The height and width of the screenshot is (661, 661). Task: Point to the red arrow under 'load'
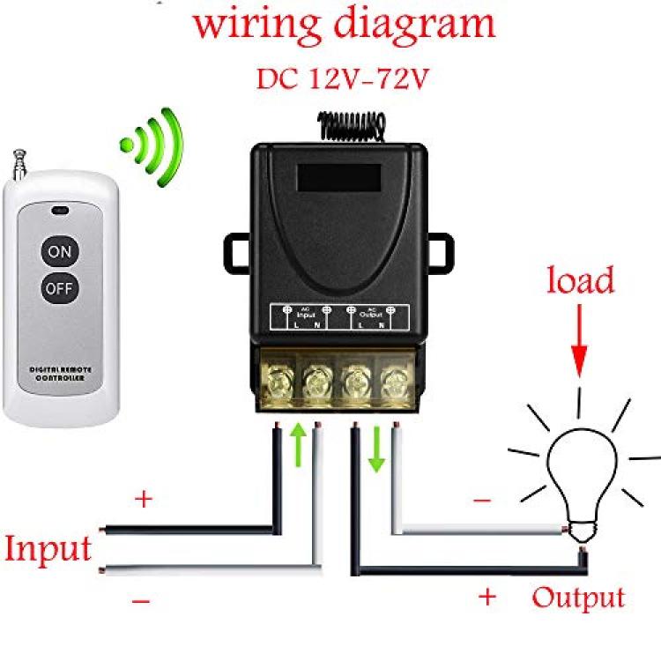click(579, 348)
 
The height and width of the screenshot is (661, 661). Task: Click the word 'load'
click(579, 281)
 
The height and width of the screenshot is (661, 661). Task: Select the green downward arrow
click(376, 449)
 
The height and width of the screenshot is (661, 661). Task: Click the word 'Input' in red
click(48, 548)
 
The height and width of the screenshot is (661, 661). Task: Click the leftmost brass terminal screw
click(277, 384)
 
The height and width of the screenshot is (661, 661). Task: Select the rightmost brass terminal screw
click(393, 384)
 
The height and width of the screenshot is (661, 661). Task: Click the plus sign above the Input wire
click(143, 500)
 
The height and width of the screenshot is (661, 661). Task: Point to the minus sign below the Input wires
click(141, 601)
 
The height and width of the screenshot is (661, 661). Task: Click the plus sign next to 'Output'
click(486, 597)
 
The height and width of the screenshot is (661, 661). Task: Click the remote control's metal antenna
click(15, 167)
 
